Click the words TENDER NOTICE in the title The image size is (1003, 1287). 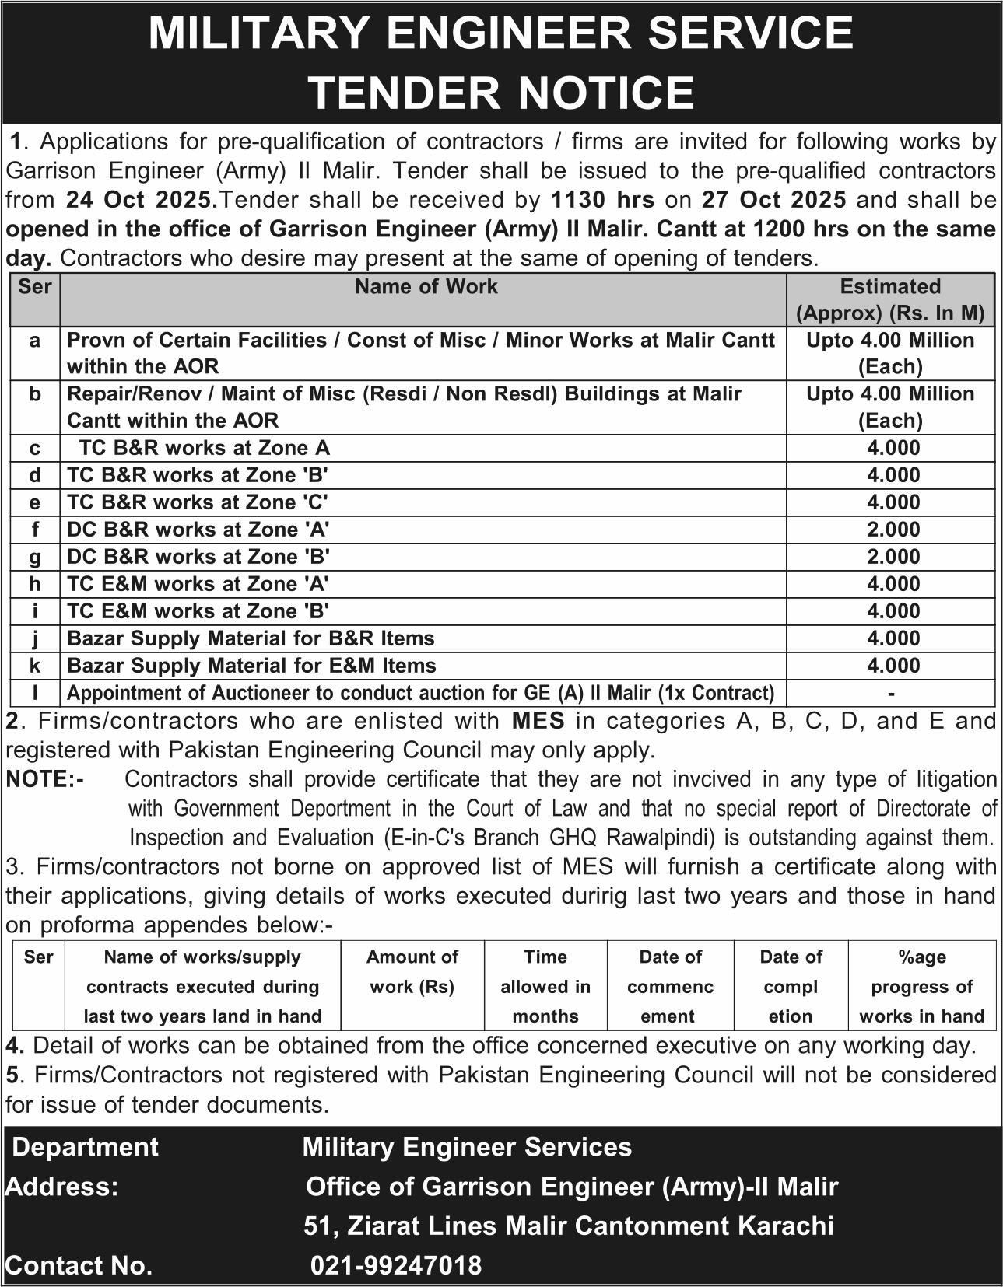pyautogui.click(x=501, y=92)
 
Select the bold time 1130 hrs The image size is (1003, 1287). pyautogui.click(x=602, y=200)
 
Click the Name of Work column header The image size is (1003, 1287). pyautogui.click(x=426, y=287)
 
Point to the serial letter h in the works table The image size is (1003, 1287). pyautogui.click(x=35, y=583)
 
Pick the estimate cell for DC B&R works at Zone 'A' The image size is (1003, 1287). pyautogui.click(x=893, y=530)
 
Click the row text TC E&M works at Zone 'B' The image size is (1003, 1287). pyautogui.click(x=198, y=611)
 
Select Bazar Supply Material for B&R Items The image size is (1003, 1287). pyautogui.click(x=251, y=638)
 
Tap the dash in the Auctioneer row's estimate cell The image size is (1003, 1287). pyautogui.click(x=891, y=693)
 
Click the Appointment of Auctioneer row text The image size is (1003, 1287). pyautogui.click(x=421, y=693)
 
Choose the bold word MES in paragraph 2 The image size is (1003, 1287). pyautogui.click(x=538, y=721)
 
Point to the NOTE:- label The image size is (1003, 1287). pyautogui.click(x=44, y=779)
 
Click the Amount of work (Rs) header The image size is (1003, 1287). pyautogui.click(x=412, y=971)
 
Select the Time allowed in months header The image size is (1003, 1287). pyautogui.click(x=545, y=986)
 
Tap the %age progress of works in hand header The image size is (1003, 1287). pyautogui.click(x=922, y=986)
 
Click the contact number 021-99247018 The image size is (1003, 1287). pyautogui.click(x=396, y=1265)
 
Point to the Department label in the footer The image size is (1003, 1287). pyautogui.click(x=86, y=1147)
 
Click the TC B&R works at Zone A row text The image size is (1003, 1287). pyautogui.click(x=205, y=448)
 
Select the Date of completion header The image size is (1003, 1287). pyautogui.click(x=791, y=986)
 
